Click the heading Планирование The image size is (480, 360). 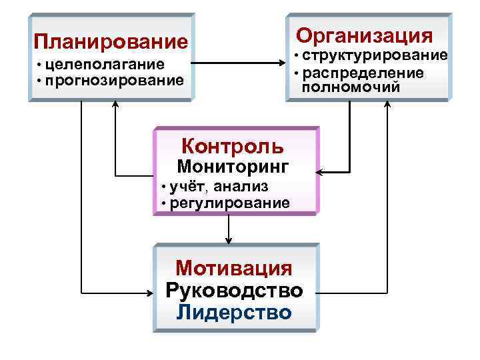(x=111, y=42)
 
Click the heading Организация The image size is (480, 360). (x=364, y=35)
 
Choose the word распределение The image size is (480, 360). (x=363, y=71)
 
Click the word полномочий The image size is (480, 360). (x=351, y=86)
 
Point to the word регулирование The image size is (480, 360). (x=230, y=202)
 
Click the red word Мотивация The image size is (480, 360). (x=234, y=269)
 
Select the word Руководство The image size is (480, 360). (x=234, y=291)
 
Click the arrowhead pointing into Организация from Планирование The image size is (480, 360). (x=282, y=64)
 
